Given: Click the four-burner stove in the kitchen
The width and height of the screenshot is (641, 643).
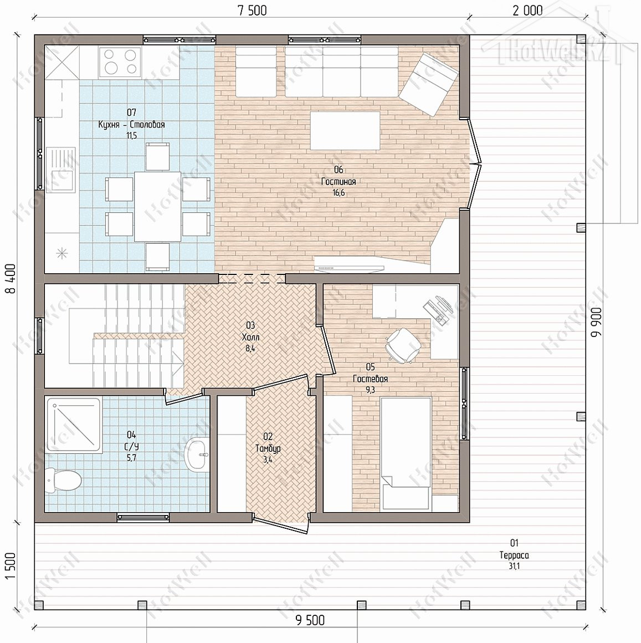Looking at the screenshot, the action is [x=120, y=62].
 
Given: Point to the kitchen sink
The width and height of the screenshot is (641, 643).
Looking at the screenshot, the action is [x=61, y=170].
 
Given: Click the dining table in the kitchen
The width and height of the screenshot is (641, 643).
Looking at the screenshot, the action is [x=158, y=206].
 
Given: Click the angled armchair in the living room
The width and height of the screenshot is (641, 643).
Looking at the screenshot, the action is [x=428, y=85].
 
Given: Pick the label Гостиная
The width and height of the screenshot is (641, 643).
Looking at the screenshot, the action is [x=339, y=181].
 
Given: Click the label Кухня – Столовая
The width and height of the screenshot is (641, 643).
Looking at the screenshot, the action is [x=131, y=124].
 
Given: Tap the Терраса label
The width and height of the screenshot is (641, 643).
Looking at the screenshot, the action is [x=514, y=555].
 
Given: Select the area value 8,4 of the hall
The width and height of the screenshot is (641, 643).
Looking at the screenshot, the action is [x=250, y=349].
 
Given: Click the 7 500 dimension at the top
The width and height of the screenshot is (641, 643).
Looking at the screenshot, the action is [x=252, y=10].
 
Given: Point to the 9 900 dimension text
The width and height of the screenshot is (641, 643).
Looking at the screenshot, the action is [x=597, y=322].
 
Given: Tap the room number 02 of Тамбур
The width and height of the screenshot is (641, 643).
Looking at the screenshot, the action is [x=268, y=437].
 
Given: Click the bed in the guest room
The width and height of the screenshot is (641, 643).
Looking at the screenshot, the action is [x=406, y=454].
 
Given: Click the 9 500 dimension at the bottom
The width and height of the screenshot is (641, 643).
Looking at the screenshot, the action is [x=310, y=620].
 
